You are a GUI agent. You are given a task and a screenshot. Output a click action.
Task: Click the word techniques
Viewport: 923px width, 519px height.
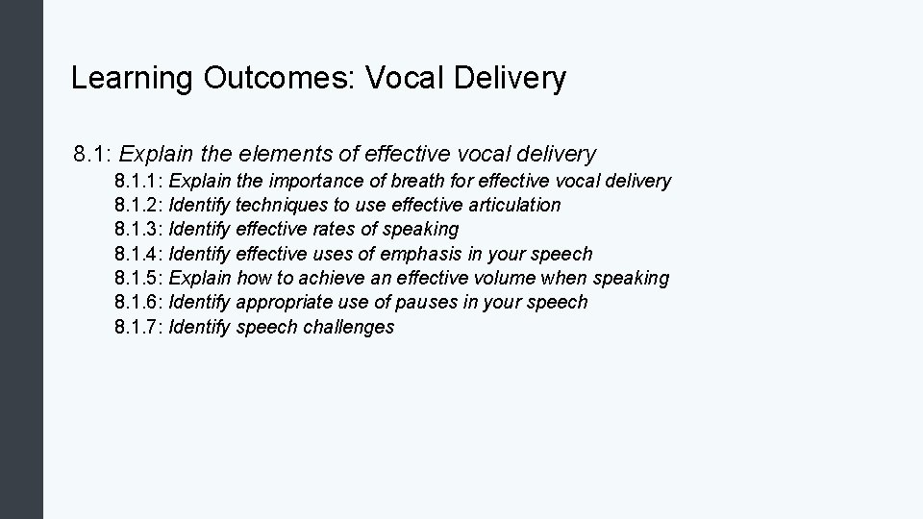[x=281, y=205]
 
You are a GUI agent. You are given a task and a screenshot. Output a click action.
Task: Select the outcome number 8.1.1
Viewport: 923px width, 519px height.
[x=138, y=181]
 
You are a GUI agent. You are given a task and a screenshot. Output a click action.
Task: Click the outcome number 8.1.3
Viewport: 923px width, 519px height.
[x=138, y=229]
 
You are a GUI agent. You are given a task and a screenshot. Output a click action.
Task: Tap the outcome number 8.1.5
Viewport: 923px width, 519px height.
[x=138, y=278]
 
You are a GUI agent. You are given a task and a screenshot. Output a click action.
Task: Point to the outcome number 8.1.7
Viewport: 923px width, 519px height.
[x=138, y=327]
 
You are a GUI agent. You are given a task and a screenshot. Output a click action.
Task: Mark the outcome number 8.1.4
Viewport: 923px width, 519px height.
[x=138, y=254]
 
